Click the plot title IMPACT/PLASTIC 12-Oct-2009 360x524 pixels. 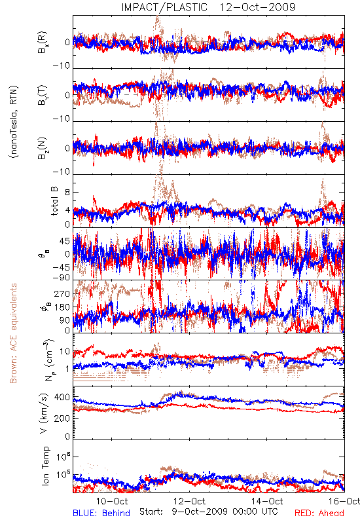pyautogui.click(x=208, y=7)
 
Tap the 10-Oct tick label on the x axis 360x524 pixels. pyautogui.click(x=112, y=501)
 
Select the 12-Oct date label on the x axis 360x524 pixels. pyautogui.click(x=190, y=501)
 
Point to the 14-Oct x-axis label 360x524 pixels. pyautogui.click(x=267, y=501)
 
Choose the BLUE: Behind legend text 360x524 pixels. pyautogui.click(x=101, y=513)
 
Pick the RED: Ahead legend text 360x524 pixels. pyautogui.click(x=319, y=513)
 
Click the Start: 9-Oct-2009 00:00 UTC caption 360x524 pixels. pyautogui.click(x=208, y=512)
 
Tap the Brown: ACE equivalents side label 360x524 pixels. pyautogui.click(x=13, y=333)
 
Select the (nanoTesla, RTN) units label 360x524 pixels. pyautogui.click(x=14, y=122)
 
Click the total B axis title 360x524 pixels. pyautogui.click(x=54, y=201)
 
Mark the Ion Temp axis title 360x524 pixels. pyautogui.click(x=45, y=466)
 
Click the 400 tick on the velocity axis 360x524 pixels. pyautogui.click(x=62, y=398)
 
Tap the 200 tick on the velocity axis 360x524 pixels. pyautogui.click(x=62, y=419)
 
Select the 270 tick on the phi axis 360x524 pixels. pyautogui.click(x=62, y=293)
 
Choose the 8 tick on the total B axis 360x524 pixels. pyautogui.click(x=67, y=193)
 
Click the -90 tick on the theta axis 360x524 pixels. pyautogui.click(x=62, y=278)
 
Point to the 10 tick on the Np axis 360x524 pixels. pyautogui.click(x=65, y=352)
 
